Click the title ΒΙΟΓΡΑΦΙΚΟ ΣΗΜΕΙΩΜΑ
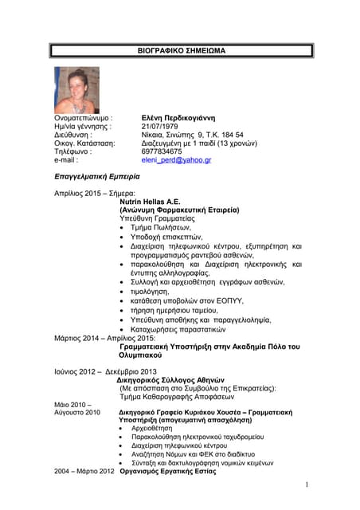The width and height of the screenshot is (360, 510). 182,50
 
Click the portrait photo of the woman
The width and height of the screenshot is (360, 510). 76,90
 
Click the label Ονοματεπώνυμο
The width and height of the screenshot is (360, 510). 84,116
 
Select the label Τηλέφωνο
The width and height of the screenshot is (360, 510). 73,151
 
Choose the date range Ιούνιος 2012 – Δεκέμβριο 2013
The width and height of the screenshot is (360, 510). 112,371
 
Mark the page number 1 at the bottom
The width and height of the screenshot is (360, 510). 306,485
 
